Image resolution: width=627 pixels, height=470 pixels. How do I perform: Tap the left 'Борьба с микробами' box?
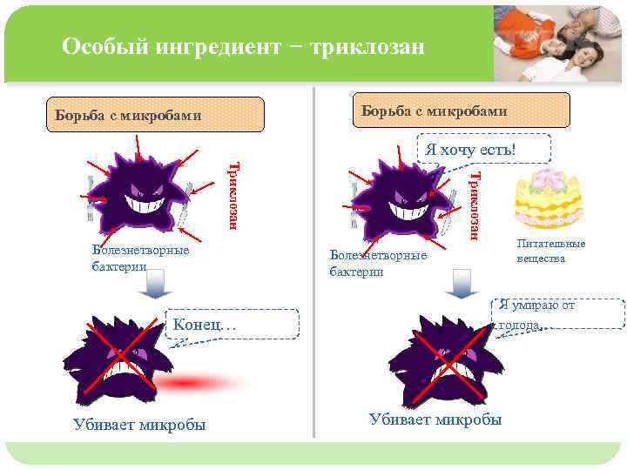[155, 114]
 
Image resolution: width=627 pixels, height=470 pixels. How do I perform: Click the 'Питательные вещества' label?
[550, 252]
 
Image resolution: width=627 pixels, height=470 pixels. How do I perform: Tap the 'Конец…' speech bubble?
[230, 325]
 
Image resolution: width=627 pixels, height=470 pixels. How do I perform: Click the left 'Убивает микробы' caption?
[140, 425]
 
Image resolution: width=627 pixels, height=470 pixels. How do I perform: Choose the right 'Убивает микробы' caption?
[435, 420]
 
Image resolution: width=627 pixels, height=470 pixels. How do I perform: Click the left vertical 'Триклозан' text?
[233, 195]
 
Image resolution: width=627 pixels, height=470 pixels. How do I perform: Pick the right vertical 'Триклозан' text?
[474, 205]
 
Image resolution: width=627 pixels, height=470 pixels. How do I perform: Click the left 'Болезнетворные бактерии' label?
[139, 258]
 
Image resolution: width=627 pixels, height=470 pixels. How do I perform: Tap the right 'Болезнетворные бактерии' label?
[378, 263]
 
